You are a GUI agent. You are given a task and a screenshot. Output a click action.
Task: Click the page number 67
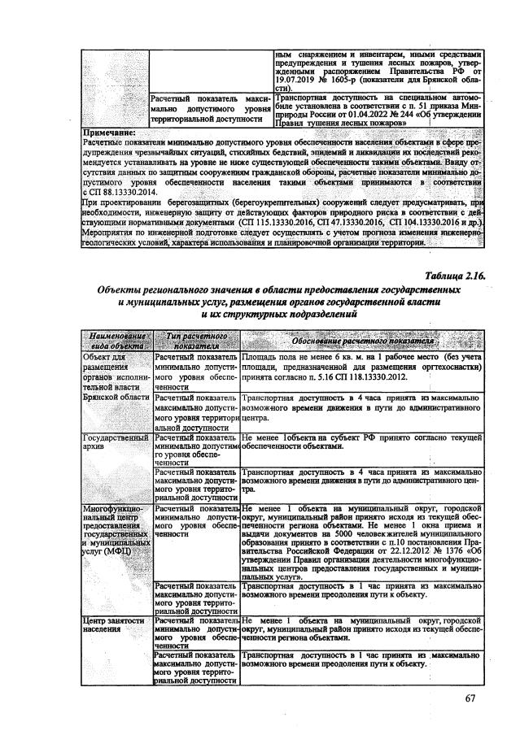point(470,698)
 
